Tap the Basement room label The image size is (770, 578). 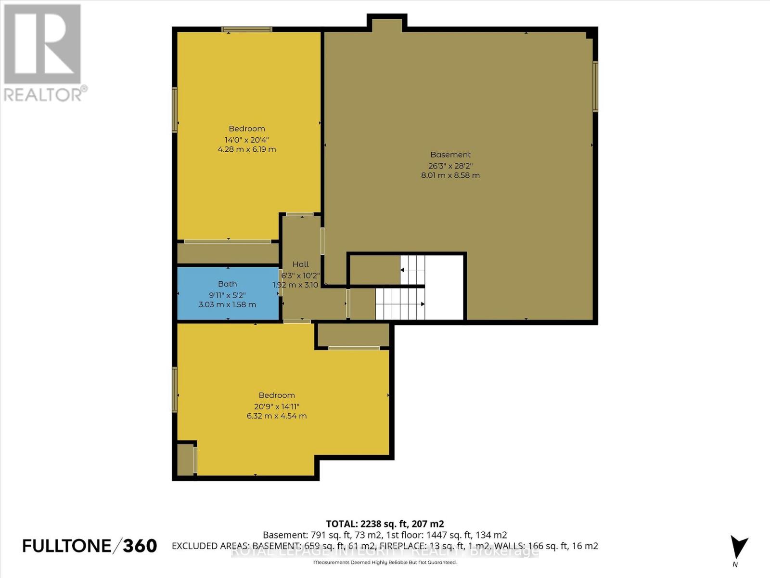pos(450,155)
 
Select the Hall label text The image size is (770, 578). pos(301,264)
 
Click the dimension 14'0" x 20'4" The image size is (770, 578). pos(247,140)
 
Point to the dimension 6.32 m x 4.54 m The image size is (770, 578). pos(277,416)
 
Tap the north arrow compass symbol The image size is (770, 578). pos(739,547)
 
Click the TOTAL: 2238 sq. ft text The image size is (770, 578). pos(385,524)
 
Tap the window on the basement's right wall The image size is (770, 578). pos(595,87)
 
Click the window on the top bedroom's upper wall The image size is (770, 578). pos(247,29)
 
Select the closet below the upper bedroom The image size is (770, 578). pos(228,253)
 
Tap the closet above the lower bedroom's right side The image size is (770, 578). pos(354,335)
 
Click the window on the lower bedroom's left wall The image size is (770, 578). pos(175,389)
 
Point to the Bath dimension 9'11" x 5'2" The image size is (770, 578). pos(228,294)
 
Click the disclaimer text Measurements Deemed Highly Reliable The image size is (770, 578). pos(385,562)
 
